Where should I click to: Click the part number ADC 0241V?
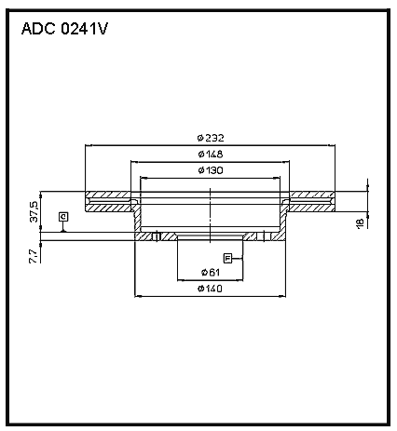coord(64,29)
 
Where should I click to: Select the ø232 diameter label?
coord(211,138)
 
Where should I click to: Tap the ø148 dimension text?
coord(211,154)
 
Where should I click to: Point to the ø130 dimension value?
coord(211,170)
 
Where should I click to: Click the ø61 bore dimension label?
coord(211,273)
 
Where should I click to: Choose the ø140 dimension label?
coord(211,289)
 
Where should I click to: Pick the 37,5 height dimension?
coord(34,211)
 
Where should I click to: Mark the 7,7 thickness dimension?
coord(34,257)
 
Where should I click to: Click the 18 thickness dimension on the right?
coord(360,223)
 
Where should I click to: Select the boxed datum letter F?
coord(227,258)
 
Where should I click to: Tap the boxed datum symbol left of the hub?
coord(63,216)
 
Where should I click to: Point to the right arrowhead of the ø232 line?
coord(332,145)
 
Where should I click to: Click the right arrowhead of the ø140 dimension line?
coord(282,296)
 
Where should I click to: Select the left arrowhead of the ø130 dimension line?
coord(144,178)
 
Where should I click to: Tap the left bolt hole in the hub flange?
coord(157,236)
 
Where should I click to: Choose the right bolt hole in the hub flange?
coord(264,236)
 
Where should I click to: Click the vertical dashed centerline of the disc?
coord(211,215)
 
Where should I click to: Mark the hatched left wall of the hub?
coord(137,221)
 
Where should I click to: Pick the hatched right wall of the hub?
coord(282,221)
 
